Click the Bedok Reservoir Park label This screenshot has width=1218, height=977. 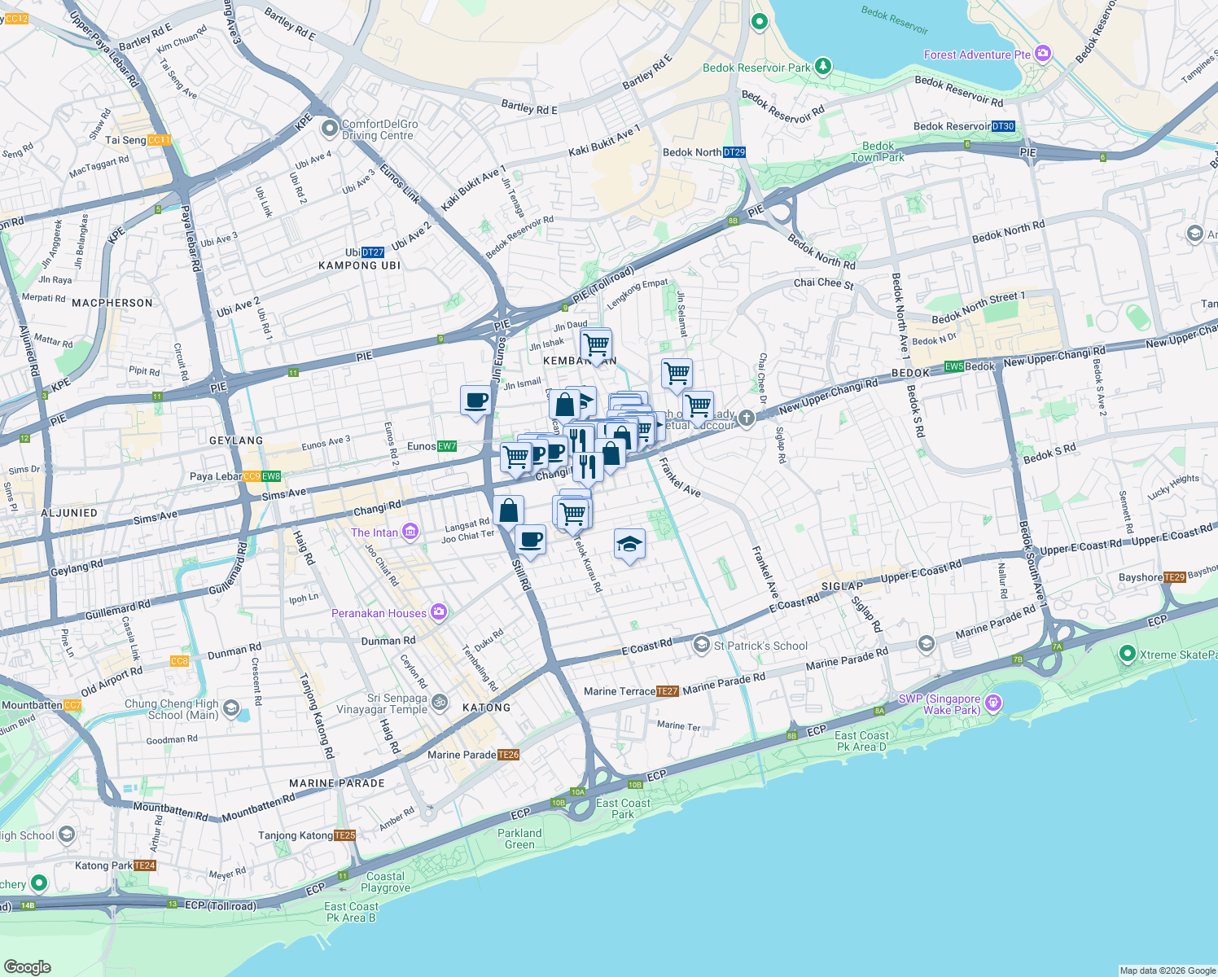tap(756, 68)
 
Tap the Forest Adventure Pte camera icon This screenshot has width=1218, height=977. tap(1043, 55)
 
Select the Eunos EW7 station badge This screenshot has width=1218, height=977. tap(447, 446)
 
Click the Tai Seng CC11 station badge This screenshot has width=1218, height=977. tap(159, 140)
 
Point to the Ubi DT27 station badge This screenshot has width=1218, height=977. tap(372, 252)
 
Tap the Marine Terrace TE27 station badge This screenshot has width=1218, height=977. tap(667, 691)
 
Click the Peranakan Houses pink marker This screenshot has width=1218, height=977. tap(439, 612)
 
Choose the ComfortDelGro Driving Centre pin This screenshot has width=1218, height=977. tap(330, 129)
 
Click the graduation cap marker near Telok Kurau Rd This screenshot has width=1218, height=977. tap(629, 544)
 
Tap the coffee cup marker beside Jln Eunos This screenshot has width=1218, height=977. tap(476, 401)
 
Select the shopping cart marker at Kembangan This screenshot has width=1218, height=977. tap(597, 344)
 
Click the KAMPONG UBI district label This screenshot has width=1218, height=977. tap(359, 265)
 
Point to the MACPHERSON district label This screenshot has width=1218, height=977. tap(112, 303)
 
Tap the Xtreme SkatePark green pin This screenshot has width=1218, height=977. tap(1128, 654)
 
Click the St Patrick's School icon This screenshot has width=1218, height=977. tap(701, 646)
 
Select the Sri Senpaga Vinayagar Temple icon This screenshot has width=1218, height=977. tap(440, 702)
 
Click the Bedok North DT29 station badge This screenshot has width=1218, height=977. tap(734, 152)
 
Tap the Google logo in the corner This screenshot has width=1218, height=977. tap(27, 966)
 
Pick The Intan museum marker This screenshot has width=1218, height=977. tap(410, 532)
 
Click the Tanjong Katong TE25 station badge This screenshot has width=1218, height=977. tap(345, 835)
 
